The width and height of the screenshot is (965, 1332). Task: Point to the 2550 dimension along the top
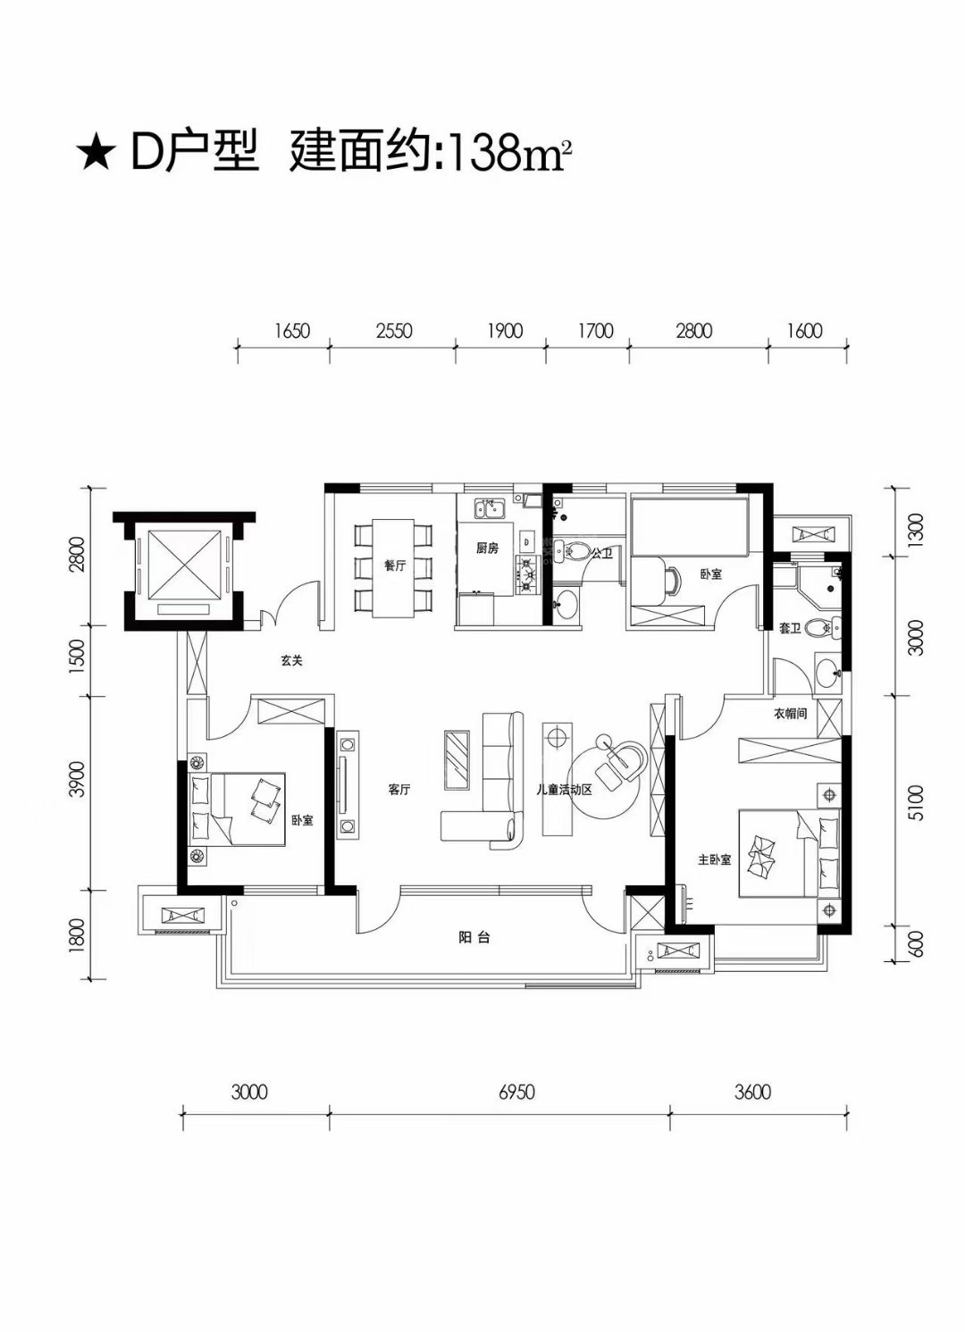point(394,331)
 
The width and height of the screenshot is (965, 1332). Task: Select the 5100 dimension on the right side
point(917,803)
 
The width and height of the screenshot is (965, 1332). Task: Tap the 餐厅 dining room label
point(395,565)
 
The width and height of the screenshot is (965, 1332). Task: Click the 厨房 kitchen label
point(487,549)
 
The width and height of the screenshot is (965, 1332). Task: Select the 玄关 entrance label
point(292,660)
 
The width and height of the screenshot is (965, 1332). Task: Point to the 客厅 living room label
point(399,790)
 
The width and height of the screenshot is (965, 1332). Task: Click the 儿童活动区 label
point(564,790)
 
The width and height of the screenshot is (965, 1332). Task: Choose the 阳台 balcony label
point(474,938)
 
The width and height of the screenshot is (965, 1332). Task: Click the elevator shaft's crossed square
point(182,565)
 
